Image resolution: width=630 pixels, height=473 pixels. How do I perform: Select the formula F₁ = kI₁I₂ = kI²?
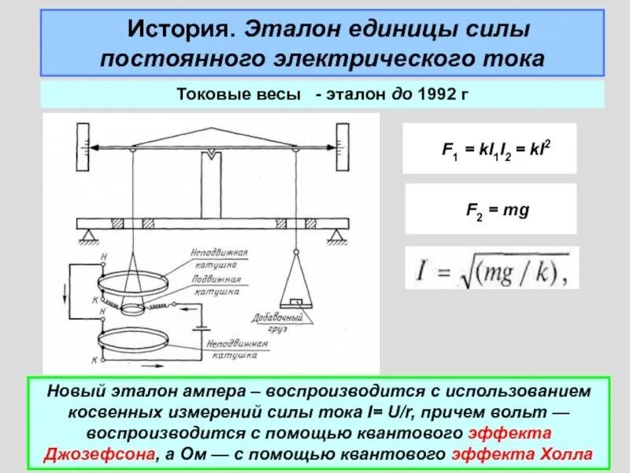[x=489, y=147]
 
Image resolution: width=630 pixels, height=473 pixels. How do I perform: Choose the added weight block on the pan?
[x=295, y=302]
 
